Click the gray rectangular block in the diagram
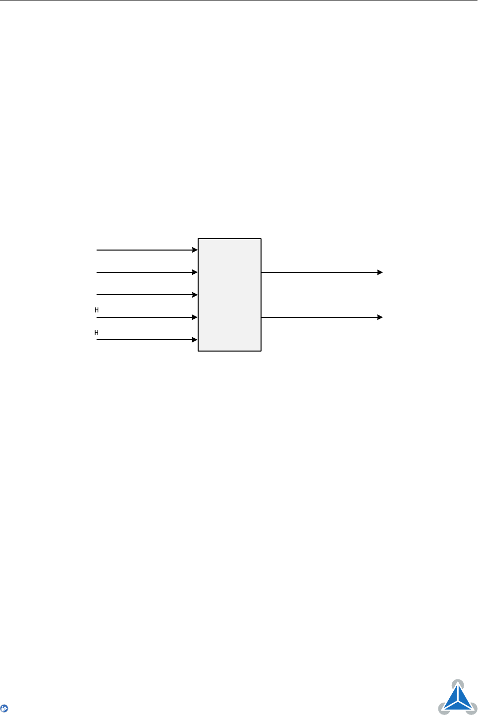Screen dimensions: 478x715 coord(229,295)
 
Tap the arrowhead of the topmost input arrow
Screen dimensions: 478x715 coord(195,250)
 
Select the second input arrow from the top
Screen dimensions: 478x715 coord(147,272)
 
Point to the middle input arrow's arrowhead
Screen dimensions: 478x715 coord(195,295)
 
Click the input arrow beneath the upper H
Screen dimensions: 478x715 coord(147,317)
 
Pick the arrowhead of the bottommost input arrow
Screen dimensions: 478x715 coord(195,340)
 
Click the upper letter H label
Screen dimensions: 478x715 coord(97,310)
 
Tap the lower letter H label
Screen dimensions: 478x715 coord(97,333)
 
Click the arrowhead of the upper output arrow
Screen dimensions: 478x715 coord(380,272)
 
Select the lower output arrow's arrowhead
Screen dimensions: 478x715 coord(380,317)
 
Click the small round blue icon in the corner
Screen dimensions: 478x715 coord(4,709)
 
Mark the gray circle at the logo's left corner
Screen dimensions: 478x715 coord(443,709)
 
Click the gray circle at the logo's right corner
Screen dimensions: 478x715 coord(472,709)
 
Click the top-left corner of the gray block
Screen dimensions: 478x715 coord(198,239)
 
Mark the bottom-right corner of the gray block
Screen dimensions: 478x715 coord(261,351)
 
